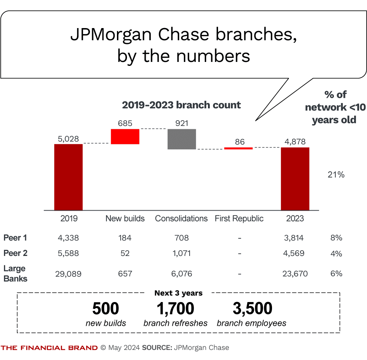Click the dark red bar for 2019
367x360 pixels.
coord(68,177)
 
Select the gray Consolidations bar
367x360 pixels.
coord(182,139)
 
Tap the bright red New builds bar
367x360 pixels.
coord(125,136)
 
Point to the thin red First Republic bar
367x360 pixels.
coord(239,148)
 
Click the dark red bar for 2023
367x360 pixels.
coord(295,179)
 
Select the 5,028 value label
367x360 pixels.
coord(68,139)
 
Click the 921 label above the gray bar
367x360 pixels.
coord(182,123)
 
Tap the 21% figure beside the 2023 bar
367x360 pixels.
coord(336,175)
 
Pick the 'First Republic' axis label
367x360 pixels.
coord(239,219)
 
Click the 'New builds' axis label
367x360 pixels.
coord(125,219)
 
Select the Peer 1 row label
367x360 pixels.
coord(15,238)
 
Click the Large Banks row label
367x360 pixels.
coord(15,274)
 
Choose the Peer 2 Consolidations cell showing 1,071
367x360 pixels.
coord(182,253)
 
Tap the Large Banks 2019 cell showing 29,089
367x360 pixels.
coord(68,274)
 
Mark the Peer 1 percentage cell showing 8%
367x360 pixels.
coord(336,238)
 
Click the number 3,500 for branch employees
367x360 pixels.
coord(252,309)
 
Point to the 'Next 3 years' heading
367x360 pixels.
coord(178,293)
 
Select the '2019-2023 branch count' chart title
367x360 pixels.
coord(181,105)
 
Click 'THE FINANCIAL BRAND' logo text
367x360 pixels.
coord(49,348)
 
